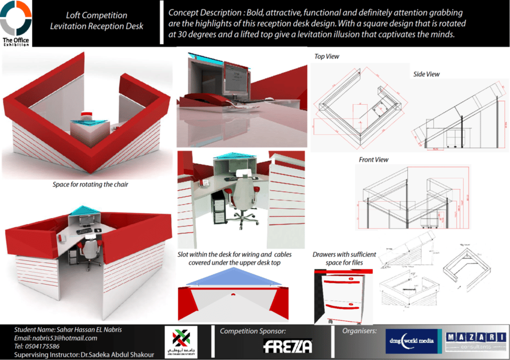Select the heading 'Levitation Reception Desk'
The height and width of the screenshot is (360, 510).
tap(97, 26)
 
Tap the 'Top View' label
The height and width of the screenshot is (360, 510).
tap(327, 56)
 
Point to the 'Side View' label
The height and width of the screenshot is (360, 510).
tap(426, 74)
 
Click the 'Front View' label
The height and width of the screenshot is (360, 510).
tap(374, 160)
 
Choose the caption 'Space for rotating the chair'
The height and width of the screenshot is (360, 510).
tap(90, 185)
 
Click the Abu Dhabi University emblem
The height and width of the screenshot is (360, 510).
tap(181, 341)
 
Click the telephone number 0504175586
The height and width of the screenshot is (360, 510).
tap(37, 347)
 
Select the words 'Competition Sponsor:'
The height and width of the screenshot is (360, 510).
tap(253, 331)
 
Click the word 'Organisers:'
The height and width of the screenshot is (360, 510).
tap(359, 331)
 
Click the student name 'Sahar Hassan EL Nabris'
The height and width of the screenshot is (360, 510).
tap(68, 330)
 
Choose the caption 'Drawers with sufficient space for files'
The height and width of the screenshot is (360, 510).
tap(344, 258)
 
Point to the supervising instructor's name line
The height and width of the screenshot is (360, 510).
tap(84, 355)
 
